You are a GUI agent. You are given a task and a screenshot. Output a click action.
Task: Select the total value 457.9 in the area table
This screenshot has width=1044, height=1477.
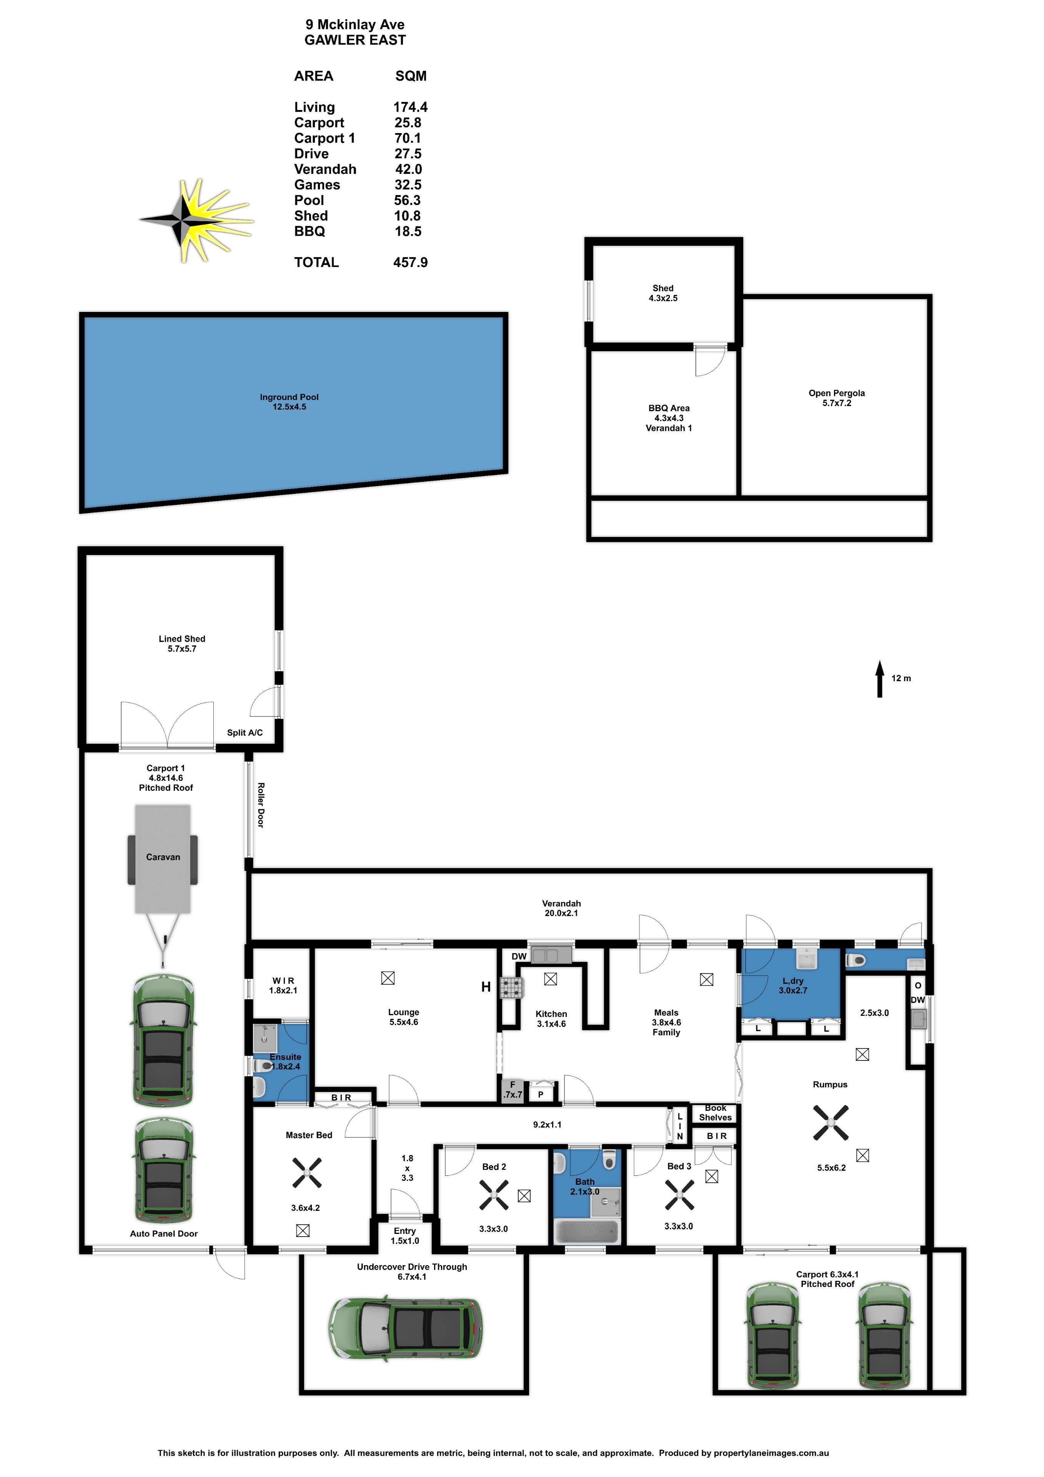410,262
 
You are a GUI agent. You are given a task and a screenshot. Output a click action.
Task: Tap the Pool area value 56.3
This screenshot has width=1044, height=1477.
407,200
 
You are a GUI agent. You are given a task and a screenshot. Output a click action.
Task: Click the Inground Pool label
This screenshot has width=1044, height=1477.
289,402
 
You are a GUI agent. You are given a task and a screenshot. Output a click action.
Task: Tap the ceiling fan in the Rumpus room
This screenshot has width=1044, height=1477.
831,1122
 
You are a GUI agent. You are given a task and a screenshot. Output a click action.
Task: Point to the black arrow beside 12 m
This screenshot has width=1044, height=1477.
879,678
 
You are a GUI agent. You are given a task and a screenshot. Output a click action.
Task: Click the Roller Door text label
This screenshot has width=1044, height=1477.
260,805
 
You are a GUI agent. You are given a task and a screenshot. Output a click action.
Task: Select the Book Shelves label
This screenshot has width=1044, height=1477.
715,1112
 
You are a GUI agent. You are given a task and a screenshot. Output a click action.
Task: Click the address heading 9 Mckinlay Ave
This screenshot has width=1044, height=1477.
355,25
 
